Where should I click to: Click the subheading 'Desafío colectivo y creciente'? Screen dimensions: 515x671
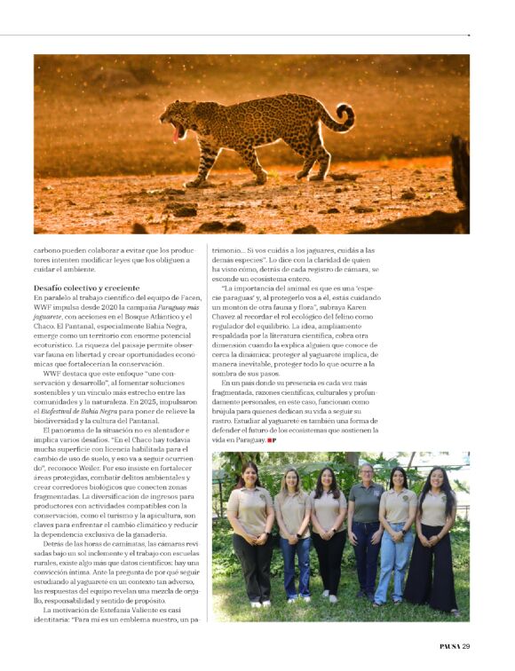[x=86, y=288]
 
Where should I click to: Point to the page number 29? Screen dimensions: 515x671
[x=465, y=645]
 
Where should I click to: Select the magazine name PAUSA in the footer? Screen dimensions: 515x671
[x=448, y=645]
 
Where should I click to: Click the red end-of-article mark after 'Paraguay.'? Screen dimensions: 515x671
[x=273, y=440]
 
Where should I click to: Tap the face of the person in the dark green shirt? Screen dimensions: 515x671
[x=366, y=473]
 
